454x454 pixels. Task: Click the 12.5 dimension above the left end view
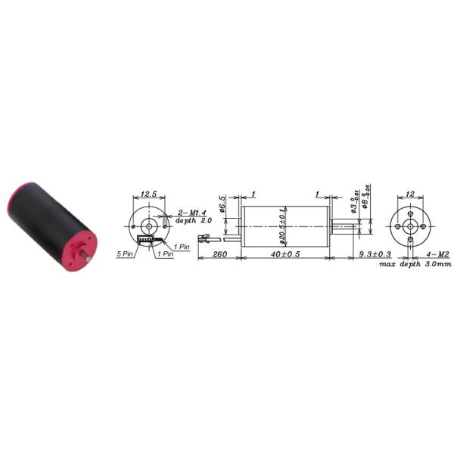coord(149,194)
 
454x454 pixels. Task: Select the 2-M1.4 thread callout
coord(191,213)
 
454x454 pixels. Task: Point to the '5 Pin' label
coord(126,254)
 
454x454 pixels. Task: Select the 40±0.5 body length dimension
coord(285,254)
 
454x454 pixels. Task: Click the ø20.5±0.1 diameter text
coord(281,225)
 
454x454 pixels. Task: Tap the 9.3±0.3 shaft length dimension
coord(375,254)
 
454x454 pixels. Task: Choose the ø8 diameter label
coord(364,202)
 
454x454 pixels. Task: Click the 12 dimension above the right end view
coord(410,194)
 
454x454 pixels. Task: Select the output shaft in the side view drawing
coord(345,225)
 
